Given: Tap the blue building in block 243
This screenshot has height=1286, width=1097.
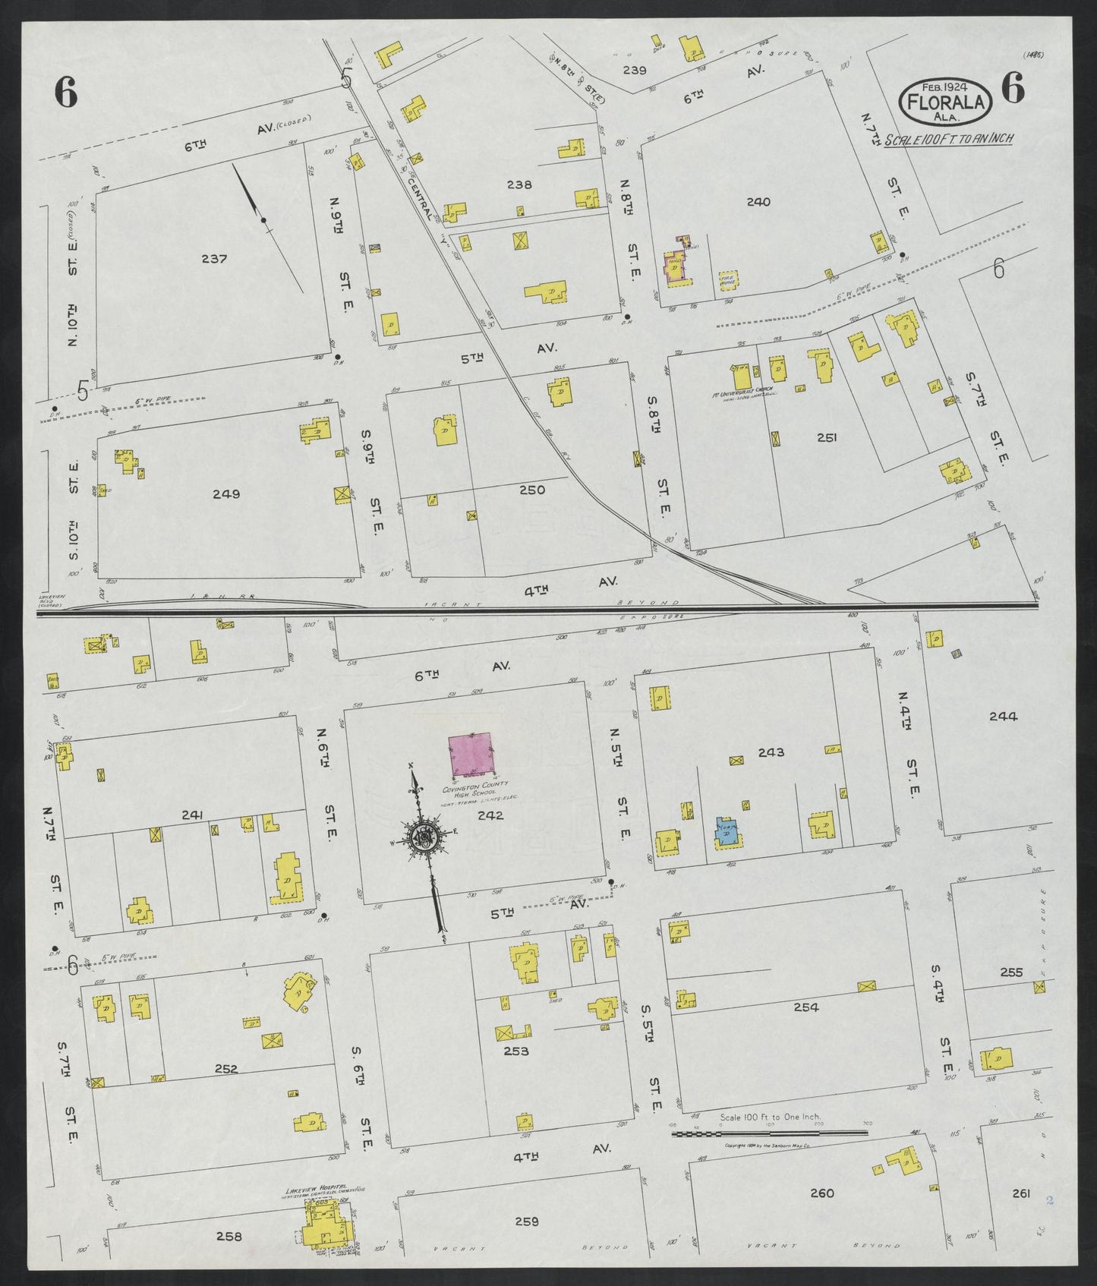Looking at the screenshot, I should pyautogui.click(x=727, y=831).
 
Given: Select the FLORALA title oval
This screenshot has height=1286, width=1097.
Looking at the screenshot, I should pyautogui.click(x=946, y=102).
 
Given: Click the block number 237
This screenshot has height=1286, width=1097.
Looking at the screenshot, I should pyautogui.click(x=214, y=259).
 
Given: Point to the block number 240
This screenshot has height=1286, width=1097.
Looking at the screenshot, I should pyautogui.click(x=758, y=202).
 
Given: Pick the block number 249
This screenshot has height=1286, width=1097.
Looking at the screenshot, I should pyautogui.click(x=226, y=494).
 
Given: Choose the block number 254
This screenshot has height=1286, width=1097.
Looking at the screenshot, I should pyautogui.click(x=805, y=1007).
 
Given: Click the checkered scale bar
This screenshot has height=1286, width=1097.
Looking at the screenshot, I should pyautogui.click(x=769, y=1133).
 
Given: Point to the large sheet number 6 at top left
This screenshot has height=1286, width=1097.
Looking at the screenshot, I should pyautogui.click(x=66, y=93).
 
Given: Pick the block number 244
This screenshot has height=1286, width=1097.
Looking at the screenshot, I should pyautogui.click(x=1003, y=715).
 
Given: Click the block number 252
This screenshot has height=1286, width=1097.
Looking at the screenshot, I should pyautogui.click(x=226, y=1069).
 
